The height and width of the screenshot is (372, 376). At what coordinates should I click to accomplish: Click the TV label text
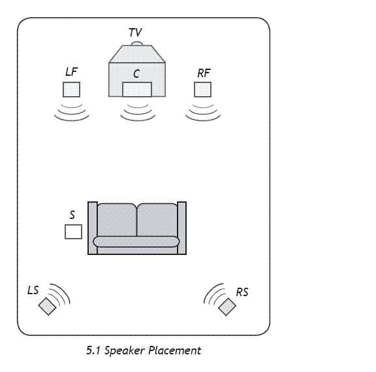(135, 33)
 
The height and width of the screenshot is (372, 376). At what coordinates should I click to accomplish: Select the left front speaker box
(71, 90)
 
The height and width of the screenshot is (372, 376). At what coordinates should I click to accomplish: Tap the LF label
(71, 72)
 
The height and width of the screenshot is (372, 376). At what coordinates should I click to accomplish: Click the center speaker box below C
(137, 90)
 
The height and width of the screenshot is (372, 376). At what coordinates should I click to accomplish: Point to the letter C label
(136, 74)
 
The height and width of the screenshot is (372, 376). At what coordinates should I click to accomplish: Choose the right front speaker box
(202, 90)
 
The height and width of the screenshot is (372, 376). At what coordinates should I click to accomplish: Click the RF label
(204, 73)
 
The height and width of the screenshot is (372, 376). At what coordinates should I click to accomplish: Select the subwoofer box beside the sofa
(73, 231)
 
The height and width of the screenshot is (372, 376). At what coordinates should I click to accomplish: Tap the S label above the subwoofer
(72, 215)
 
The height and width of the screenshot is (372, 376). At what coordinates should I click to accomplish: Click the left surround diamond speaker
(47, 306)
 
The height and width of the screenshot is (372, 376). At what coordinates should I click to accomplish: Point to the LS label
(33, 290)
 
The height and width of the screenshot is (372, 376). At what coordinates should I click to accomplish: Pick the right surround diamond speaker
(227, 307)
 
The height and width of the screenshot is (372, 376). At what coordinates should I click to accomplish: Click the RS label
(242, 292)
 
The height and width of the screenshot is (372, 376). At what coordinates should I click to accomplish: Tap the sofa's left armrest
(93, 228)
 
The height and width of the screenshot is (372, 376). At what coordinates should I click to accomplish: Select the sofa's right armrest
(181, 228)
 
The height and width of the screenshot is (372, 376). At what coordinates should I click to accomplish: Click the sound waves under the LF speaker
(72, 112)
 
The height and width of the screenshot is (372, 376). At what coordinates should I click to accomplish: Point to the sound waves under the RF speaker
(203, 112)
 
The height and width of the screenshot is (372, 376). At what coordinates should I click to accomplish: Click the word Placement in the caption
(175, 351)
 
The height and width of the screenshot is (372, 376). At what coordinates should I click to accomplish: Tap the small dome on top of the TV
(137, 43)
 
